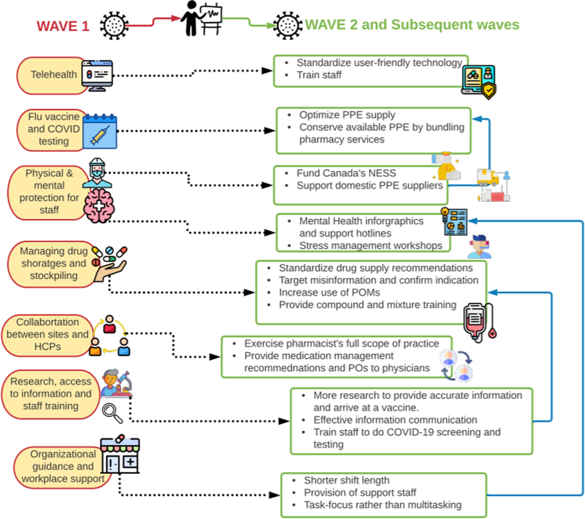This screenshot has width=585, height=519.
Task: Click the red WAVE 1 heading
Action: click(x=63, y=26)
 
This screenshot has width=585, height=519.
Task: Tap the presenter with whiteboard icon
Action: click(x=201, y=18)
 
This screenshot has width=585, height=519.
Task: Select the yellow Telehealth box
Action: click(x=53, y=75)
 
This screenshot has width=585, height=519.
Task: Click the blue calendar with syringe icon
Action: click(x=100, y=131)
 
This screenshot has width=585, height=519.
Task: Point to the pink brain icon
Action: click(x=99, y=206)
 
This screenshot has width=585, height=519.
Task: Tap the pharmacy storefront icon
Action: click(x=120, y=455)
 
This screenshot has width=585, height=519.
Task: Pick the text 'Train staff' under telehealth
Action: click(x=319, y=75)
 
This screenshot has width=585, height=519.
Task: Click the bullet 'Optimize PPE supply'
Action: click(x=347, y=115)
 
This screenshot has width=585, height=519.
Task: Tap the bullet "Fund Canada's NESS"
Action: click(x=346, y=173)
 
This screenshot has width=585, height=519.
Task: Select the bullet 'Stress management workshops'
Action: click(x=370, y=246)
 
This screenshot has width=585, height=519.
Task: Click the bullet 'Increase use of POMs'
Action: click(x=329, y=292)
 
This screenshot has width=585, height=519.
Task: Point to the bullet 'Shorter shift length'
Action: click(x=347, y=481)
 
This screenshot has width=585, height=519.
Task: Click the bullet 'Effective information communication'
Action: click(x=395, y=420)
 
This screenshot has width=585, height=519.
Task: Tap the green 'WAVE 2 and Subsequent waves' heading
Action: click(x=412, y=25)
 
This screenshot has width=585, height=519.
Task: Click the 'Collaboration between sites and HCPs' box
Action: click(x=47, y=335)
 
